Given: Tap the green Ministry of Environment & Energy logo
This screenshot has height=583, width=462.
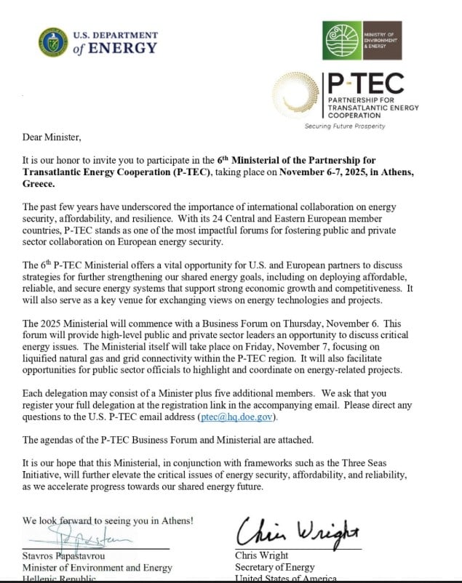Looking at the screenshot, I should coord(342,40).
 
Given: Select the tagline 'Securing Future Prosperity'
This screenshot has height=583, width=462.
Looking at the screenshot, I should coord(344,126).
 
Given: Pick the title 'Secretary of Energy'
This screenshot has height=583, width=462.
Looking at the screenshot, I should coord(274,567).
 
